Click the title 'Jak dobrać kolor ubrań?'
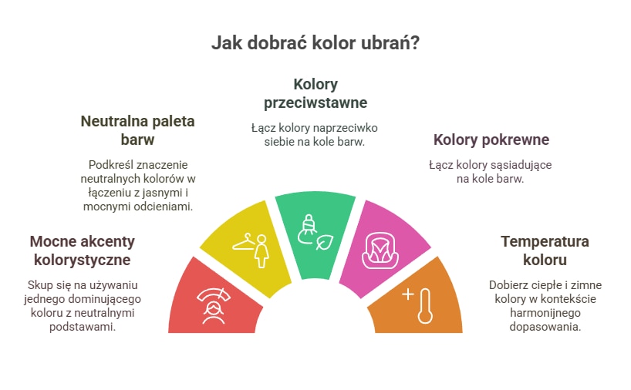coord(315,42)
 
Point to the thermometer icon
coord(425,306)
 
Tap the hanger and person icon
coord(250,250)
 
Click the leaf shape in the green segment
coord(325,242)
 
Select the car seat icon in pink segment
coord(380,251)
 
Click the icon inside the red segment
coord(213,305)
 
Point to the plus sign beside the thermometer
coord(408,294)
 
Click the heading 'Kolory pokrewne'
coord(491,140)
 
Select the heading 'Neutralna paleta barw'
coord(137,130)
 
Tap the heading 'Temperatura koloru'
coord(545,250)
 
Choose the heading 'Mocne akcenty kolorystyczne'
coord(82,250)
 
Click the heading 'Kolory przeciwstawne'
coord(315,93)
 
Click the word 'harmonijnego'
coord(545,313)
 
